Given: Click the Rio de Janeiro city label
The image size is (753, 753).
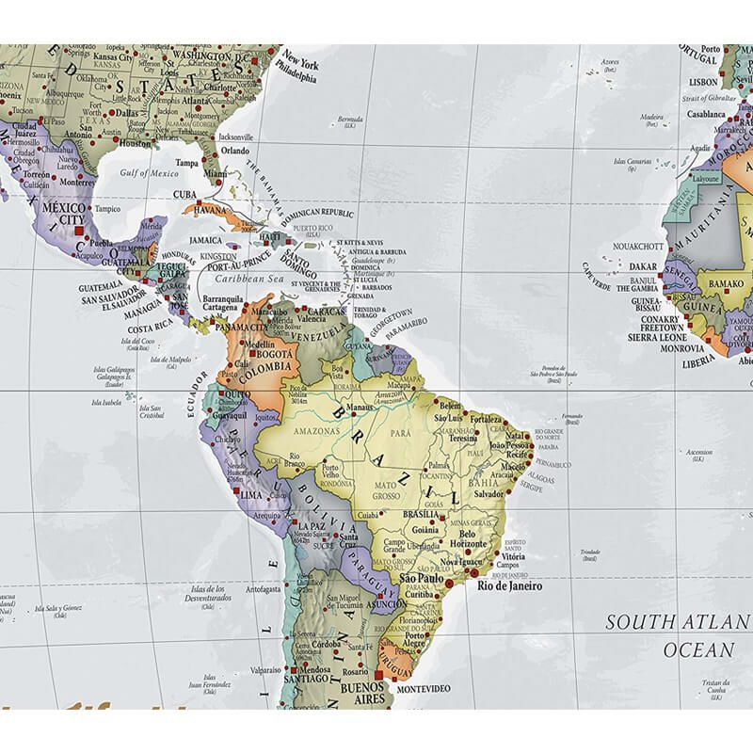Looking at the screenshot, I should (x=511, y=585).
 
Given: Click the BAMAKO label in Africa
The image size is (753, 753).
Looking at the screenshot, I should (x=725, y=282).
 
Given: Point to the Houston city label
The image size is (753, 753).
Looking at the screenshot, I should (x=134, y=143).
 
